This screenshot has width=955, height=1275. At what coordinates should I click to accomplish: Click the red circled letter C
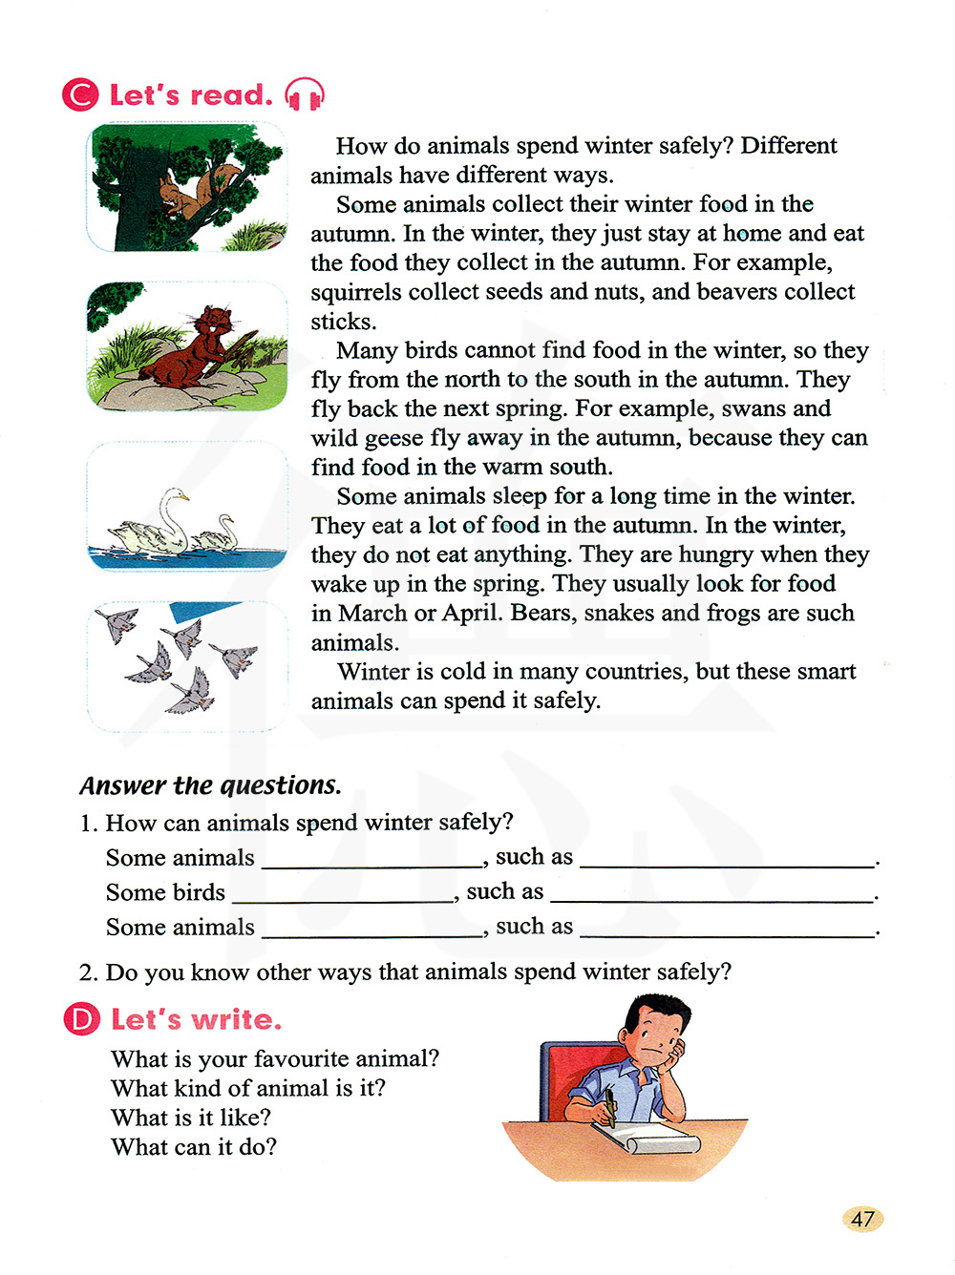click(80, 94)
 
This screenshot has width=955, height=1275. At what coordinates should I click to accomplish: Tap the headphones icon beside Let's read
click(305, 94)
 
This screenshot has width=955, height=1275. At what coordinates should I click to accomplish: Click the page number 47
click(862, 1219)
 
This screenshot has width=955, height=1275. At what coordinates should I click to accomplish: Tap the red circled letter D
click(81, 1019)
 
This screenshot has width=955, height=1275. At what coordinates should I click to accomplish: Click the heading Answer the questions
click(210, 785)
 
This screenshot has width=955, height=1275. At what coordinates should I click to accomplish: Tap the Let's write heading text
click(197, 1019)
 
